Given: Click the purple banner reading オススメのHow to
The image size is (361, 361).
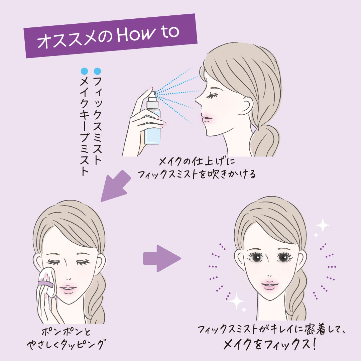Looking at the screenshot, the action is coord(111,36).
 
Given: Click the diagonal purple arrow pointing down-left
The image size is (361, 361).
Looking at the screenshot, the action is coord(115,186).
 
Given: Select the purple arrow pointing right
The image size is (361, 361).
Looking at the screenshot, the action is coord(162,258).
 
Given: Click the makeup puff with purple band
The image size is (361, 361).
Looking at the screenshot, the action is coord(47,282).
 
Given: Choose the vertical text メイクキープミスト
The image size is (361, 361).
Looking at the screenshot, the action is coord(85,127).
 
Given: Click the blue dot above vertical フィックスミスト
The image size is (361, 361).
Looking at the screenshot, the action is coord(97,71).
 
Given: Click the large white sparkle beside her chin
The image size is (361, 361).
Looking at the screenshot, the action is coord(236,301).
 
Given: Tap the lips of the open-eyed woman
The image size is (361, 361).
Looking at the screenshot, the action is coord(270,285).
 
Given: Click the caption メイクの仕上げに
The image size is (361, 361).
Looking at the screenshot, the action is coord(197,161).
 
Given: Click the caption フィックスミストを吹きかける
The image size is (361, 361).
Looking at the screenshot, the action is coord(197,174).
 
